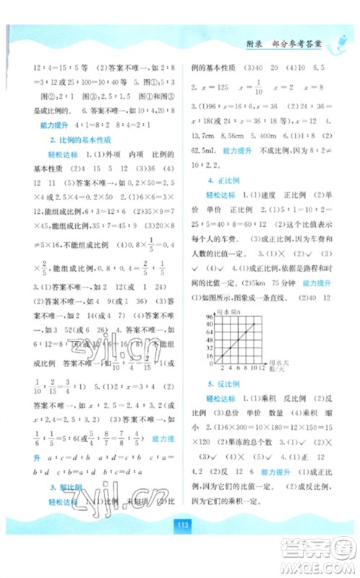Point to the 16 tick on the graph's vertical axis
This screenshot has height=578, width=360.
click(207, 353)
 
